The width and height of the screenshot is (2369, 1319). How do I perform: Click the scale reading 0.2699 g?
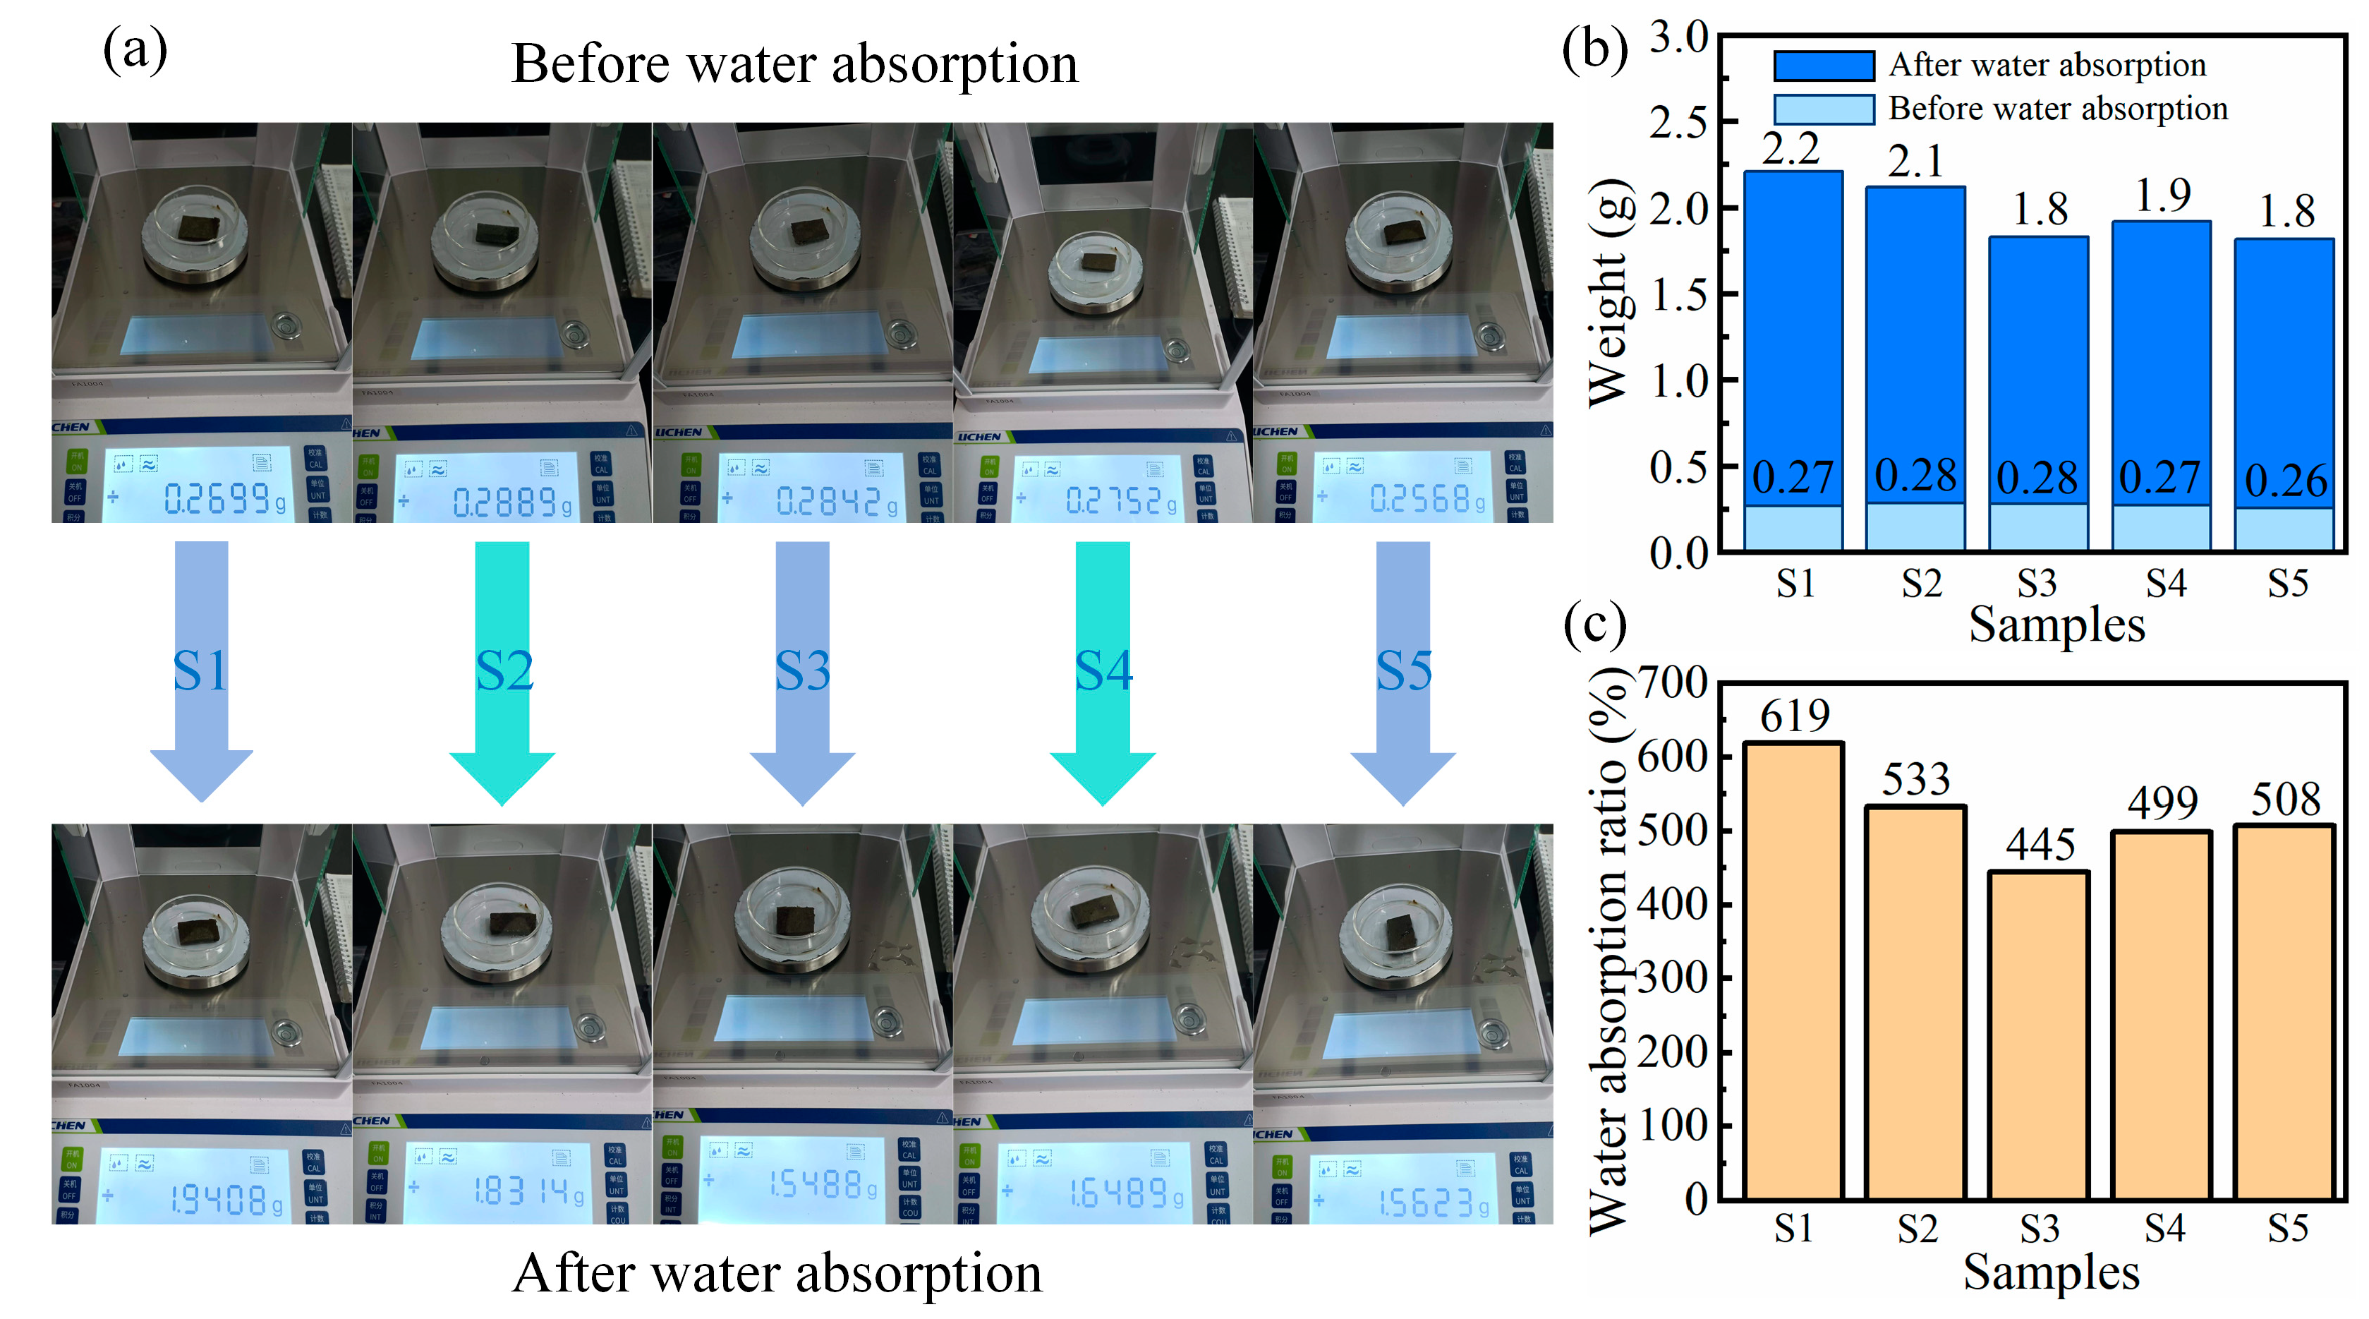point(224,500)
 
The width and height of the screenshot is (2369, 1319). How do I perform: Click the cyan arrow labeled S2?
point(502,671)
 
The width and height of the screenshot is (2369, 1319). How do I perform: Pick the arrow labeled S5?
point(1402,671)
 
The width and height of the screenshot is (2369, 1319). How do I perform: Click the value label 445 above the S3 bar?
point(2040,844)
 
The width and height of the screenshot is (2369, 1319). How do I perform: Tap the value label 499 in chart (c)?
point(2162,803)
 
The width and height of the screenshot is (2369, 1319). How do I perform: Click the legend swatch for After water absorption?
point(1823,66)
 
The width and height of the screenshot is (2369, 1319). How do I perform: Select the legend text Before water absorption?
point(2058,109)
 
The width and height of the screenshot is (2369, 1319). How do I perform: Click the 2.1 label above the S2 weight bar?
point(1915,162)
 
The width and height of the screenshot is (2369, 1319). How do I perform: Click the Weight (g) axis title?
point(1609,292)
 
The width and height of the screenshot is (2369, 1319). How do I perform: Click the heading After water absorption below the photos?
point(777,1273)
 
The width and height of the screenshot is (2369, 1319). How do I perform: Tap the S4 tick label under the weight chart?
point(2165,583)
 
